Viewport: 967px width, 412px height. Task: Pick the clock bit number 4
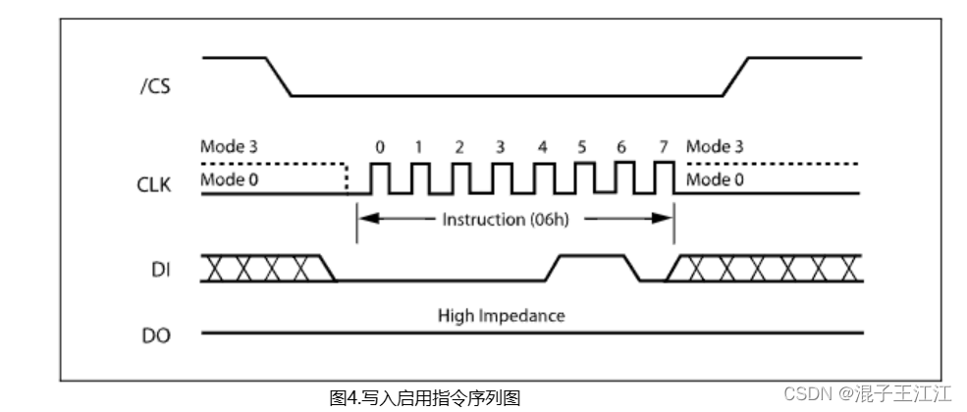[542, 147]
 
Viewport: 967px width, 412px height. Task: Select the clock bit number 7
[664, 147]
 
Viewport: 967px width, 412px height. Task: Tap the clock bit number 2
[459, 147]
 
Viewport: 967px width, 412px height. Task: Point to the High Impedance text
[502, 316]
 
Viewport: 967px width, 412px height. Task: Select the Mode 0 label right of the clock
[714, 180]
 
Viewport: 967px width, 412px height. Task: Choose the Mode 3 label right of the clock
[714, 147]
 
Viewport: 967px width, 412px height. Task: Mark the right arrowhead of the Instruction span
[664, 218]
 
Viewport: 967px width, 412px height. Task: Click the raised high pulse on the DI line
[590, 257]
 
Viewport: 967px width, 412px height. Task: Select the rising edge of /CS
[736, 77]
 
